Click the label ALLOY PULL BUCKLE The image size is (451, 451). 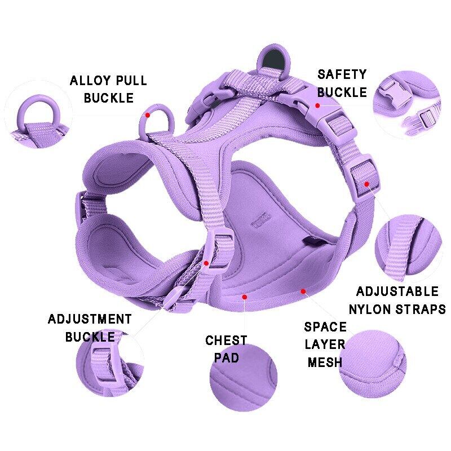108,89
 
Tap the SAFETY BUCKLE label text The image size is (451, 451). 342,83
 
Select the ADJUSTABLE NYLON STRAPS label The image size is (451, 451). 397,300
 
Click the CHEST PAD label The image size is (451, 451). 225,349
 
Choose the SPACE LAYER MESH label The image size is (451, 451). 325,344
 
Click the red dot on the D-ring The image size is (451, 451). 148,114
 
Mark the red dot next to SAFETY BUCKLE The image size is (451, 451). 318,105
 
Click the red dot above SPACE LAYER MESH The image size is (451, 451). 303,291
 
